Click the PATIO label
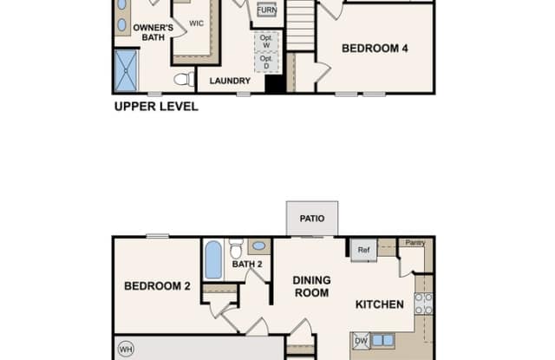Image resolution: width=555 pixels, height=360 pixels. tap(312, 219)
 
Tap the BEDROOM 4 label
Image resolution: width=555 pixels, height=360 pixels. tap(375, 49)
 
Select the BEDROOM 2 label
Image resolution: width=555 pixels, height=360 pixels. tap(157, 286)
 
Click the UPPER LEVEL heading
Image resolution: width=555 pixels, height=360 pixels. tap(156, 107)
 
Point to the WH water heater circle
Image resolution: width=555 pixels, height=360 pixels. tap(126, 350)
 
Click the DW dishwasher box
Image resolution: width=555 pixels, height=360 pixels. tap(361, 341)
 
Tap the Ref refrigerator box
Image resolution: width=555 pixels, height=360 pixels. tap(363, 250)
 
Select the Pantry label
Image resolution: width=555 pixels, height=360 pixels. tap(415, 243)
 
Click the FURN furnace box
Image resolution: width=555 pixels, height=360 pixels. tap(266, 10)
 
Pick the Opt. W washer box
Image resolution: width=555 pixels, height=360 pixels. tap(266, 42)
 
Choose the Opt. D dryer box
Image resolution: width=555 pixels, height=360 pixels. tap(266, 62)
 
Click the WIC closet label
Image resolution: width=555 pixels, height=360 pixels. tap(197, 23)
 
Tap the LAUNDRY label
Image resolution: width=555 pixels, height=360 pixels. tap(230, 81)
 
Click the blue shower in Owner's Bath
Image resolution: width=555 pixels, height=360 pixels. tap(126, 71)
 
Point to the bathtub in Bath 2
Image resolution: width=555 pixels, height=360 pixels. tap(213, 260)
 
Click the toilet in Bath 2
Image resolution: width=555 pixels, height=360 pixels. tap(236, 248)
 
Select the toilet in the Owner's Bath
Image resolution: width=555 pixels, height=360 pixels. tap(184, 79)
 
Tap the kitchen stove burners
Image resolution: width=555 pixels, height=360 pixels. tap(424, 304)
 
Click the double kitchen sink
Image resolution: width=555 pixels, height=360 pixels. tap(382, 341)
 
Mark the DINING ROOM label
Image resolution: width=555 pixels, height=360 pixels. tap(312, 287)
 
